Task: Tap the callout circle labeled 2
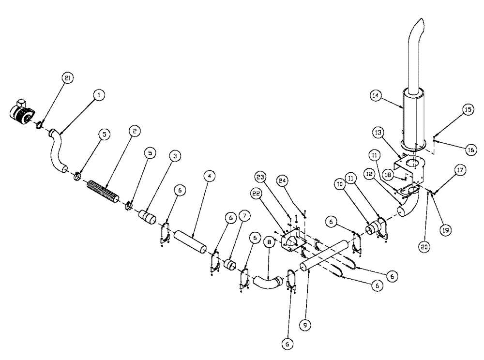[x=134, y=131]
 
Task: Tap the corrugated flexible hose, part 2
[x=103, y=191]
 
